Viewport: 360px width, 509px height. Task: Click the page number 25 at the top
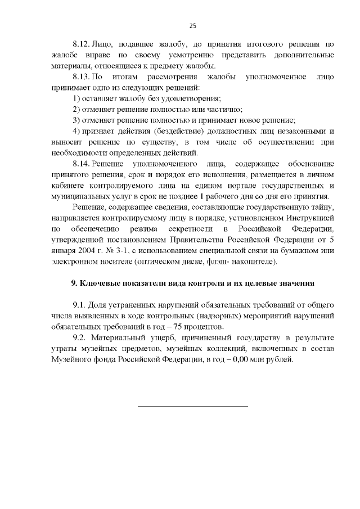point(192,25)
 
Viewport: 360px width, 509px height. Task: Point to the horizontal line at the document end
point(192,406)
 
